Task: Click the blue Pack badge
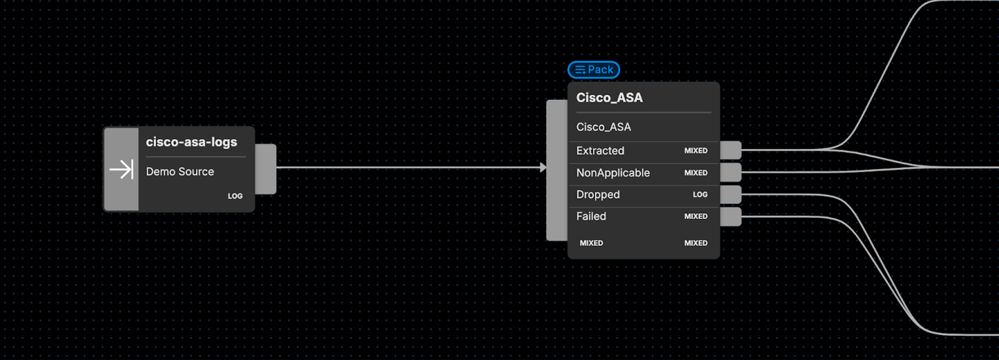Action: [x=594, y=69]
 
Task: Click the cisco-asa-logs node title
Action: [x=191, y=142]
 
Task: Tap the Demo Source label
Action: [x=180, y=171]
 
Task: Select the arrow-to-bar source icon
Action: [x=121, y=169]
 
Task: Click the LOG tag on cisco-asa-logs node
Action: [x=235, y=196]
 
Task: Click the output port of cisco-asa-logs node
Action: [x=266, y=169]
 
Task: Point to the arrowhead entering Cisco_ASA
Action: [x=543, y=167]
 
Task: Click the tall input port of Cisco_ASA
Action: [x=557, y=170]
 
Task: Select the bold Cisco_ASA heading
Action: [x=609, y=97]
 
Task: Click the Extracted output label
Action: [x=600, y=151]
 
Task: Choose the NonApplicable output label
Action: [x=613, y=173]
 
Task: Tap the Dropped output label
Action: [x=597, y=194]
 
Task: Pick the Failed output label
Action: [x=591, y=216]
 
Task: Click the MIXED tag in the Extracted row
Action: [x=696, y=151]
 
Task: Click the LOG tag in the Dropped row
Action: [x=700, y=194]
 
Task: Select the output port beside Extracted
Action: [x=731, y=150]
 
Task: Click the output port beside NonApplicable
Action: [x=731, y=172]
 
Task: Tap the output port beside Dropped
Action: [x=731, y=194]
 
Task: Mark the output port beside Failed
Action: [x=731, y=217]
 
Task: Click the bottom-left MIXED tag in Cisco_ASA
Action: [x=591, y=243]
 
